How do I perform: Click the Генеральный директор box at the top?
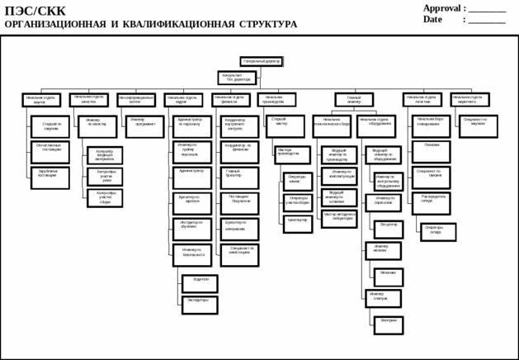tap(262, 61)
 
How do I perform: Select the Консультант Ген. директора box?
tap(236, 78)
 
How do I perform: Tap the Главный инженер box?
tap(353, 100)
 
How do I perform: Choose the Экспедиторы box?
tap(200, 304)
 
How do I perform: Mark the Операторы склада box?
tap(437, 231)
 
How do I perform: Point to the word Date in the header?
tap(433, 19)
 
